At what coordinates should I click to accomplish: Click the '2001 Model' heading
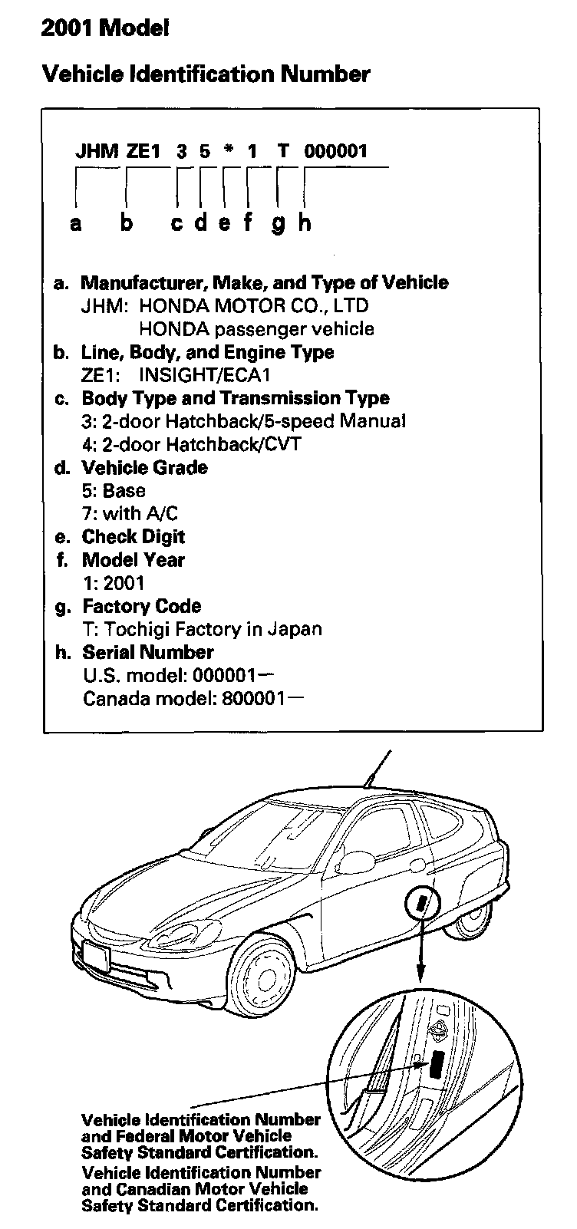point(105,29)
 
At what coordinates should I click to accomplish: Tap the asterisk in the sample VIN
point(229,151)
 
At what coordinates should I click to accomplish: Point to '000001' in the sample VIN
point(336,151)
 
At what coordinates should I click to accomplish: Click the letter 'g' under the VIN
point(279,223)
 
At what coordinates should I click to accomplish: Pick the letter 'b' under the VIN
point(127,223)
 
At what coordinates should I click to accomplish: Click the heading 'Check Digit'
point(134,537)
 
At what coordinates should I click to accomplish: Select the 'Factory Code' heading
point(142,606)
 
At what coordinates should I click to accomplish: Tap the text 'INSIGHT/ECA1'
point(204,375)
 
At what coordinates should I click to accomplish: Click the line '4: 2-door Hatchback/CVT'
point(192,444)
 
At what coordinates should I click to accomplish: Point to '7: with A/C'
point(130,513)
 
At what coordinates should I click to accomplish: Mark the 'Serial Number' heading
point(148,653)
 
